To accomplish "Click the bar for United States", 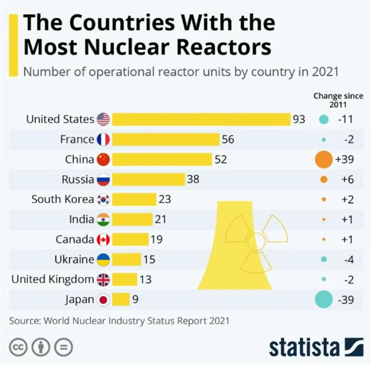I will tap(201, 119).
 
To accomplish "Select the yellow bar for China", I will tap(162, 159).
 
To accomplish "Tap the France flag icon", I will tap(103, 140).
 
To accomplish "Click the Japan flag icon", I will tap(103, 300).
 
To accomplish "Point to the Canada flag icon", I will tap(103, 239).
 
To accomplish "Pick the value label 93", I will tap(299, 119).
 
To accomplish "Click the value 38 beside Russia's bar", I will tap(193, 180).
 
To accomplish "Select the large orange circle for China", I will tap(323, 159).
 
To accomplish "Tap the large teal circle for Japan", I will tap(323, 300).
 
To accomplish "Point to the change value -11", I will tap(345, 119).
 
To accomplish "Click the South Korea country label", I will tap(63, 199).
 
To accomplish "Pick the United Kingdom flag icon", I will tap(103, 279).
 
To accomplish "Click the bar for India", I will tap(132, 220).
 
